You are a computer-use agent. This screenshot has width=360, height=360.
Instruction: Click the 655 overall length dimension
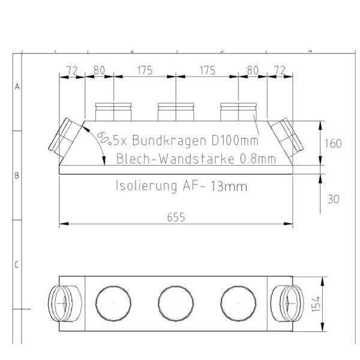click(x=175, y=218)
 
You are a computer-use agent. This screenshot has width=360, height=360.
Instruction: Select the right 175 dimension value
click(x=207, y=70)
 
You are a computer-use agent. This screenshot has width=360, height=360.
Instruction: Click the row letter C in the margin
click(x=17, y=265)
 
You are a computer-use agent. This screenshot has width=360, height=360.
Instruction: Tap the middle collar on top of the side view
click(x=175, y=111)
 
